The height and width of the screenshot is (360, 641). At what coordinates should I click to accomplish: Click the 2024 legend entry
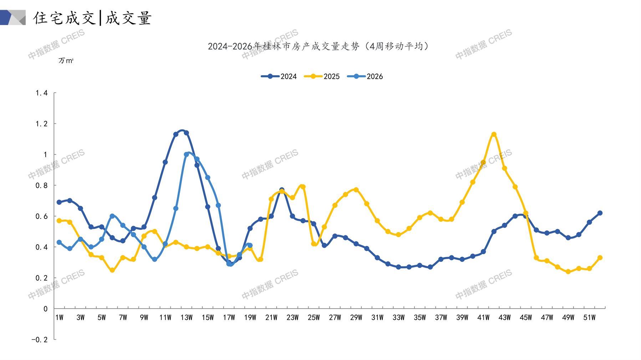tap(279, 76)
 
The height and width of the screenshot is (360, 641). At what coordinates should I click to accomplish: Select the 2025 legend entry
tap(322, 76)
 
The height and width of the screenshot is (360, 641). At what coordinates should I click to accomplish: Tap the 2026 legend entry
tap(365, 76)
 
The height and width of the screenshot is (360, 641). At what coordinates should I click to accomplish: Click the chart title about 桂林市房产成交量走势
tap(319, 46)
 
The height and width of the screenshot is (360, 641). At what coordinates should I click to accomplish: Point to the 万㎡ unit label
tap(66, 61)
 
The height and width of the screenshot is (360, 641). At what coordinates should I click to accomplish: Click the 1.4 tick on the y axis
tap(41, 93)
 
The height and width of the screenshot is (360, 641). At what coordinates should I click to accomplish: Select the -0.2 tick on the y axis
tap(39, 340)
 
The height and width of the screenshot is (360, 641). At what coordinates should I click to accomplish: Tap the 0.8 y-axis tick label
tap(41, 185)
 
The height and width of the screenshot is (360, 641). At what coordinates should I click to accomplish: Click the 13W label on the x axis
tap(186, 318)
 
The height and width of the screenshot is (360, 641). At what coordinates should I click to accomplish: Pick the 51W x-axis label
tap(589, 318)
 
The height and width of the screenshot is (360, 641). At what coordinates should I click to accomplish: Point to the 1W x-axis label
tap(59, 318)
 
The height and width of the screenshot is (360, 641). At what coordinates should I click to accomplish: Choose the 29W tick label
tap(356, 318)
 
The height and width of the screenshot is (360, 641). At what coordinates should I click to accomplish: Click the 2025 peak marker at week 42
tap(494, 134)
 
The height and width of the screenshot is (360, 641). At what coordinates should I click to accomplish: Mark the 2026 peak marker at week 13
tap(187, 154)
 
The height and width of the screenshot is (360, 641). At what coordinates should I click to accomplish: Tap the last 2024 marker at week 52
tap(600, 213)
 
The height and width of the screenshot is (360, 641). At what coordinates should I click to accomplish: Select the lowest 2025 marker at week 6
tap(112, 270)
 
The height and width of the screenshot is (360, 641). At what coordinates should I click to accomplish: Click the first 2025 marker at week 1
tap(59, 221)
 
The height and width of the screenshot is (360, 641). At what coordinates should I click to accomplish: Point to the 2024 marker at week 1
tap(59, 202)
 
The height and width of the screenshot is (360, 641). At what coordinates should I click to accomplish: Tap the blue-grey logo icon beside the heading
tap(13, 17)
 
